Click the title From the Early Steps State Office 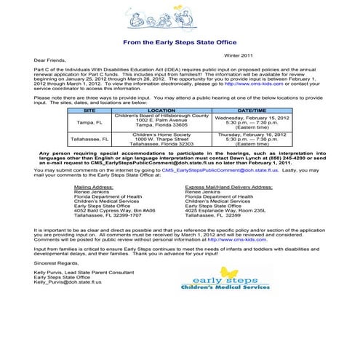pos(180,42)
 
